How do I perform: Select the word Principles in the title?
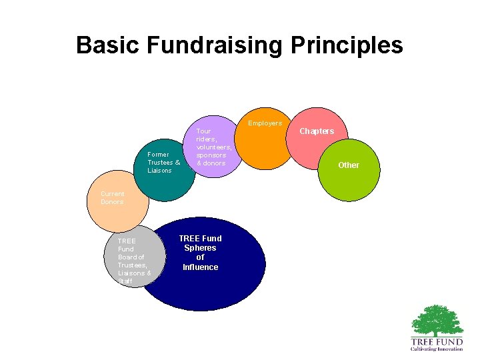point(347,45)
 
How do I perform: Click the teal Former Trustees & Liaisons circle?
point(163,170)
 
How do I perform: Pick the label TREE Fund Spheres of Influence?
point(200,253)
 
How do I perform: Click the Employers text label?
point(265,123)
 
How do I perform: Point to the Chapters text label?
point(317,131)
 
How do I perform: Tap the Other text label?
point(348,165)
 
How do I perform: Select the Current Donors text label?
point(112,198)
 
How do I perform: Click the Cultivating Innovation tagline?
point(437,349)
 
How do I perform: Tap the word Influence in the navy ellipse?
point(200,267)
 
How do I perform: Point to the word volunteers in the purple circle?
point(214,147)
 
